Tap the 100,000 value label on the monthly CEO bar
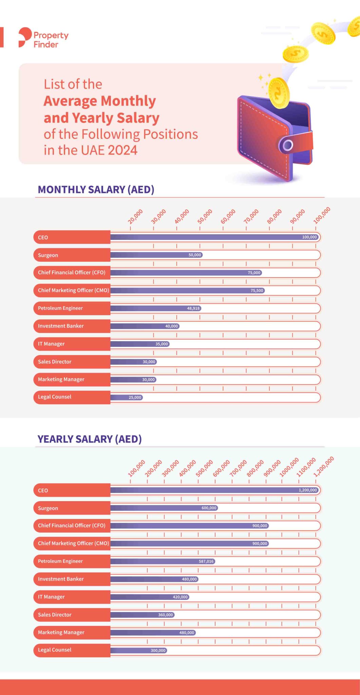tap(309, 237)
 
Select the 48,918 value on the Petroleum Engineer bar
tap(193, 308)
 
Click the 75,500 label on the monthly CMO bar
tap(257, 290)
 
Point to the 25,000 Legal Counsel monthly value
tap(135, 397)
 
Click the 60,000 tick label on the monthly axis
tap(228, 217)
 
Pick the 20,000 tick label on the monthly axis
tap(135, 217)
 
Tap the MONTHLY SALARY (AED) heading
tap(96, 189)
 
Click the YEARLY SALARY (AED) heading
tap(90, 439)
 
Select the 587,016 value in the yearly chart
tap(206, 561)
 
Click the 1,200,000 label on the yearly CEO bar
tap(307, 490)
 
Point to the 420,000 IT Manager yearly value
tap(180, 597)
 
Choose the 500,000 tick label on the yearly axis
tap(204, 468)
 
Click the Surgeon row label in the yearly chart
tap(48, 508)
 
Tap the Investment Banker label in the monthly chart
tap(61, 326)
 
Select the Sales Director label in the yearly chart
tap(55, 615)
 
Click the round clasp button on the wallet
tap(288, 146)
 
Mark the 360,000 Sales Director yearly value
tap(165, 615)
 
